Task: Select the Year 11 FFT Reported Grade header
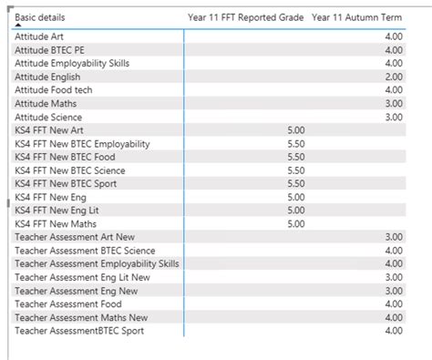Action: click(245, 17)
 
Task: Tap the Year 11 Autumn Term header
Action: click(369, 17)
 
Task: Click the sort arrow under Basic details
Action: click(19, 26)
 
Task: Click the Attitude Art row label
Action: click(37, 37)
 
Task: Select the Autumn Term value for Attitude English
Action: click(393, 77)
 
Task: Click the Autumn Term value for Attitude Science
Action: click(393, 118)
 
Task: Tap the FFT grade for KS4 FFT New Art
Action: click(295, 130)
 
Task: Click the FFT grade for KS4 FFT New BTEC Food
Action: click(295, 157)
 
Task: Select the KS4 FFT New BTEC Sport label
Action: click(66, 184)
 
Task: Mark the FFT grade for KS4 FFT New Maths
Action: click(295, 223)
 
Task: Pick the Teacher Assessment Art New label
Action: click(72, 237)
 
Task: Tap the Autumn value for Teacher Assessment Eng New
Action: click(393, 291)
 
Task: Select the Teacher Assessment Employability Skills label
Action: click(97, 263)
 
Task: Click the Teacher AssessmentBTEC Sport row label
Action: click(78, 331)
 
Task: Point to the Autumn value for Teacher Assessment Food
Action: click(393, 303)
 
